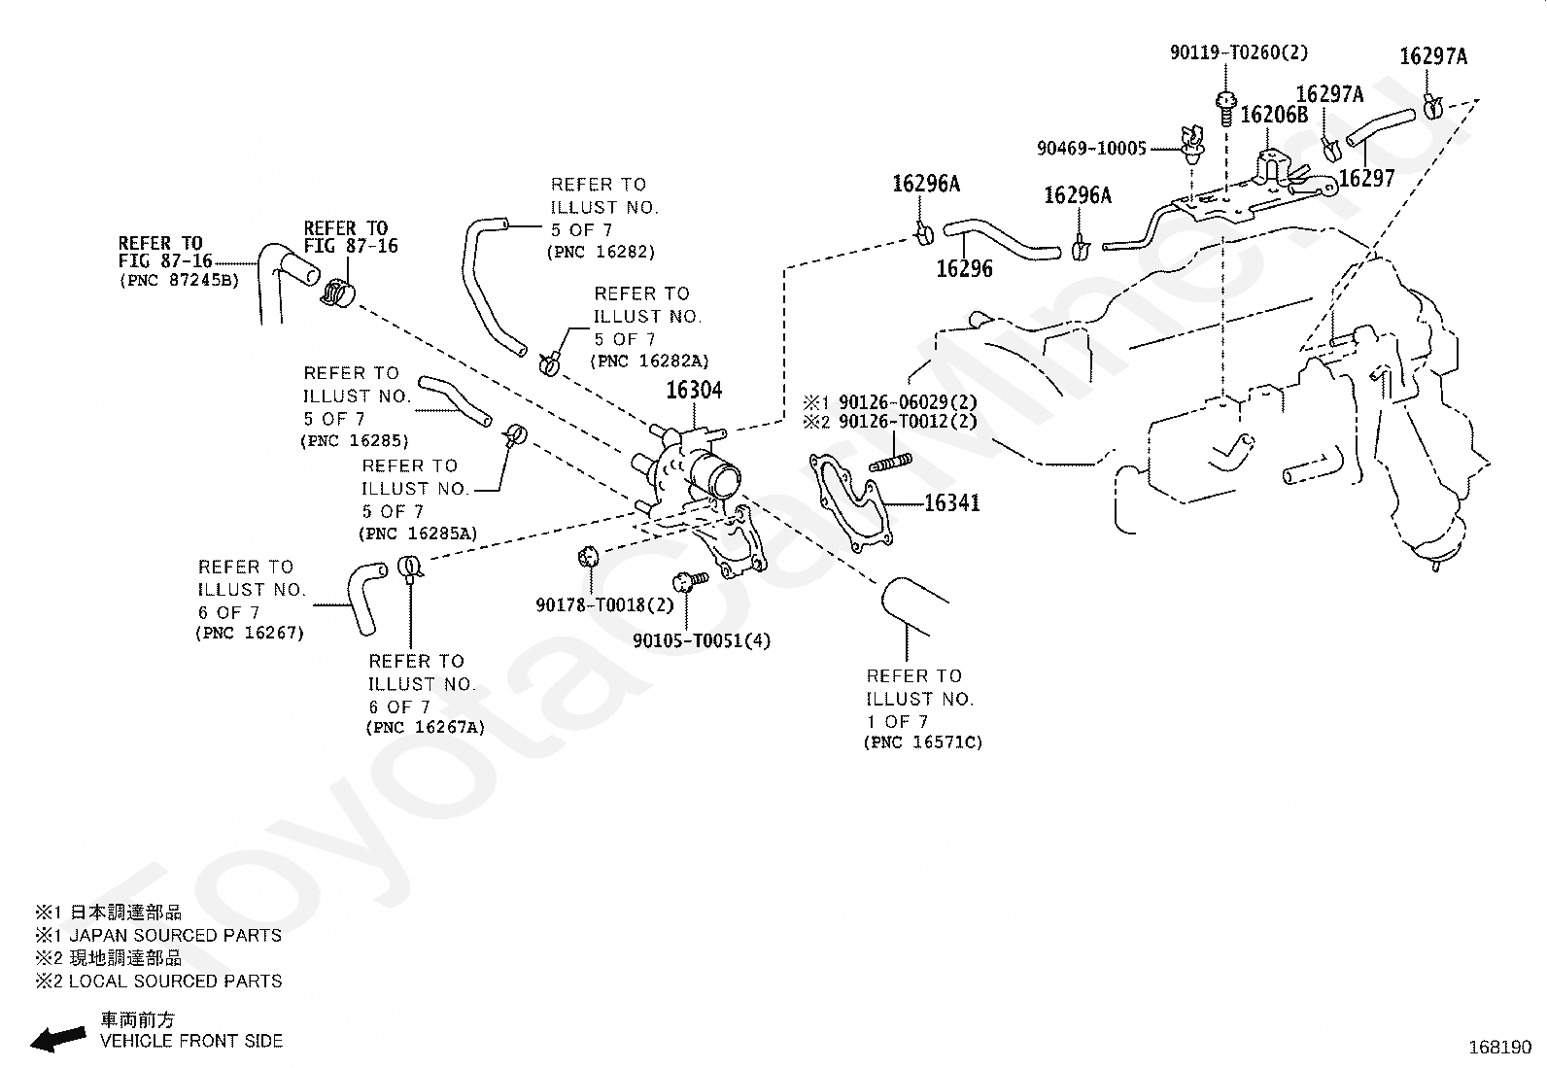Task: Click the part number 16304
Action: [694, 391]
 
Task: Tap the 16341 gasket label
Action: [951, 503]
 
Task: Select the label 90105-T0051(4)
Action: [702, 640]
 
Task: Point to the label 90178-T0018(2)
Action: [604, 605]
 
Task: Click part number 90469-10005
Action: [1091, 149]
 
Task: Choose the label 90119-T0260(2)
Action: [1239, 52]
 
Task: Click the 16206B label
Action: [1274, 115]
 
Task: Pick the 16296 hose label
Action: [964, 269]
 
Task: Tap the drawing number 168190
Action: [1500, 1048]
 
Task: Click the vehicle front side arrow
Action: [58, 1038]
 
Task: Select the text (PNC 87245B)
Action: [179, 281]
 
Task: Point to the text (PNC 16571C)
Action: [923, 741]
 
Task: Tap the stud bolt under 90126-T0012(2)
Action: [891, 463]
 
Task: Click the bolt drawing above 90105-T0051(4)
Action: [689, 581]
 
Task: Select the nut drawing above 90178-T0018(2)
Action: [588, 556]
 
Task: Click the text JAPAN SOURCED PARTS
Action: [176, 936]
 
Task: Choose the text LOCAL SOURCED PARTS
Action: [176, 981]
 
